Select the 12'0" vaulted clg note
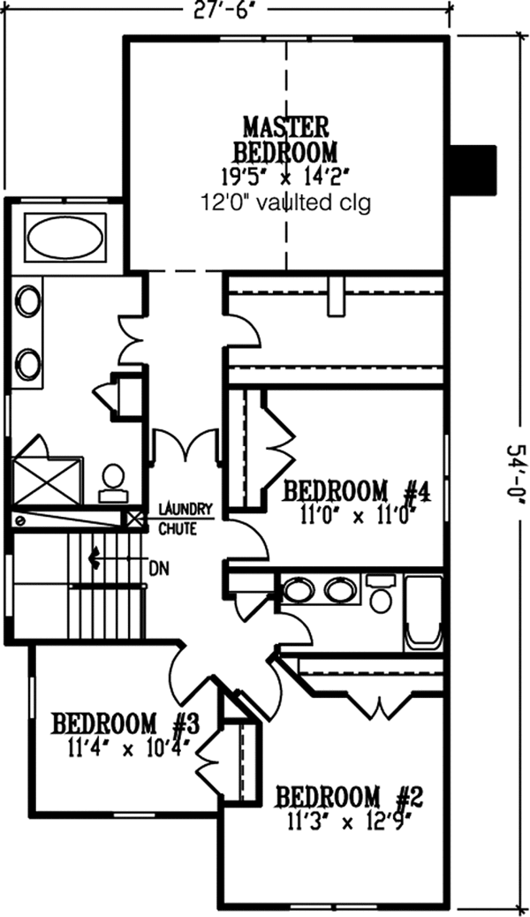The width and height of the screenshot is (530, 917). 284,202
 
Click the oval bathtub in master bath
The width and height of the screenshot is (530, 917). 64,237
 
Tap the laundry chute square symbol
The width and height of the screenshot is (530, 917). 134,519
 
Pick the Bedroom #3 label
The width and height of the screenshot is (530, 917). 124,724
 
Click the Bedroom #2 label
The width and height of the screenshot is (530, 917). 350,797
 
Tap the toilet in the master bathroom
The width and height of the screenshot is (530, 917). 112,478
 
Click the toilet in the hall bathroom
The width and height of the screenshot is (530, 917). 381,595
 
